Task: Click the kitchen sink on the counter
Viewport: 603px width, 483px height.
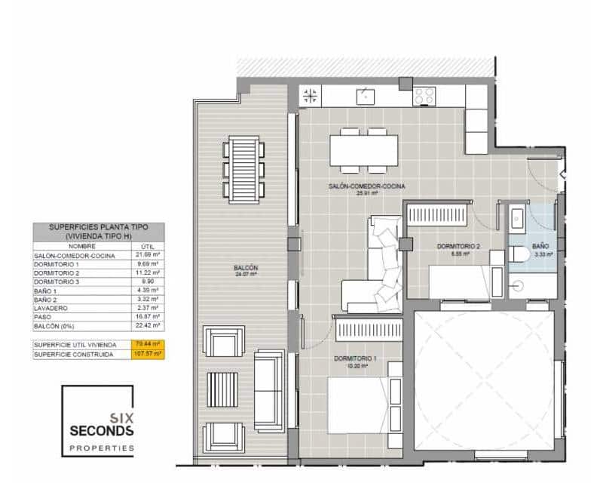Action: [366, 96]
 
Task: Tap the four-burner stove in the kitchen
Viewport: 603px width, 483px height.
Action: [424, 96]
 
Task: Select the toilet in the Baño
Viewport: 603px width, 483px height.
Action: [519, 256]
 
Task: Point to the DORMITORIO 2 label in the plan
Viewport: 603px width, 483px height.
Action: [459, 246]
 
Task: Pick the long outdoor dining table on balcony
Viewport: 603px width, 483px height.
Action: [244, 168]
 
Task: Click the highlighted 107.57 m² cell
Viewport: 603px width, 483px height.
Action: [148, 354]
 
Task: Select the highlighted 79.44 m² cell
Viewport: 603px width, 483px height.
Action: [148, 344]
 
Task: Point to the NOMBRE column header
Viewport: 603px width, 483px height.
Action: [82, 246]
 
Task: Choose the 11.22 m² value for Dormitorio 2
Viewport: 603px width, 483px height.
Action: [148, 272]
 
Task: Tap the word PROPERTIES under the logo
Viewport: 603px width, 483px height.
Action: [102, 448]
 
